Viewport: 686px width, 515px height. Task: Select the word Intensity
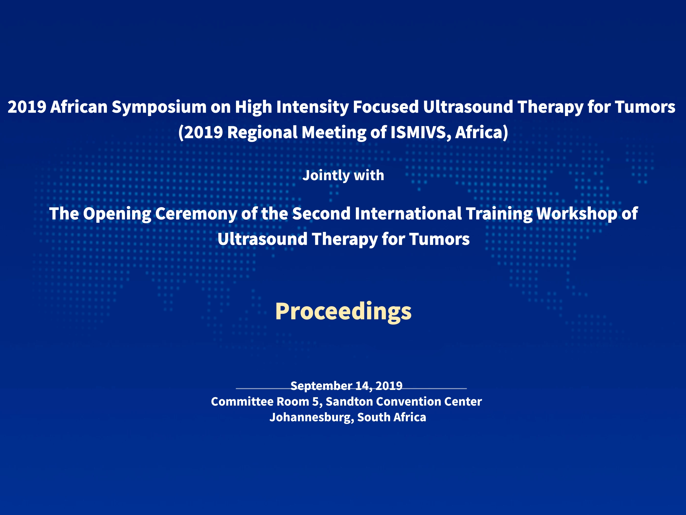tap(313, 107)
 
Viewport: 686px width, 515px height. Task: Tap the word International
tap(408, 214)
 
